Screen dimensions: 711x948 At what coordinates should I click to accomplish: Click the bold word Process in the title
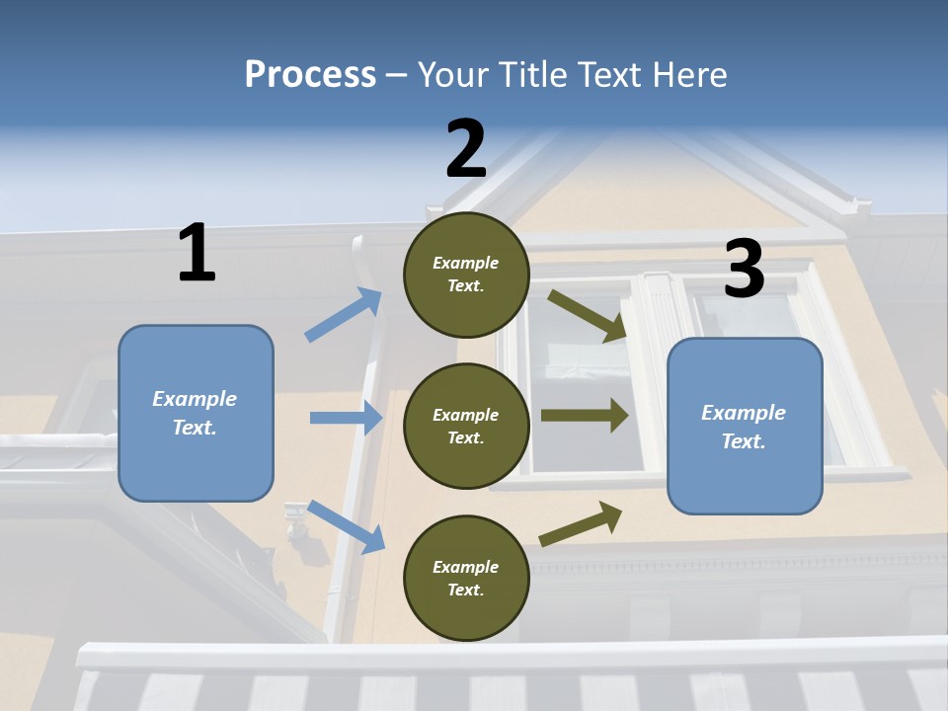[x=310, y=74]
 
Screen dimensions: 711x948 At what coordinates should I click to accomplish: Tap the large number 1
[x=197, y=253]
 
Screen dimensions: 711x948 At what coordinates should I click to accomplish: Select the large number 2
[x=466, y=148]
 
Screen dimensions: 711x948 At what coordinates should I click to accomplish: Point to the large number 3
[x=744, y=269]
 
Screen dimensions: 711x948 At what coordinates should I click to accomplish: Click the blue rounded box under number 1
[x=196, y=413]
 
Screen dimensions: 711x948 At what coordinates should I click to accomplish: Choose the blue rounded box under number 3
[x=745, y=426]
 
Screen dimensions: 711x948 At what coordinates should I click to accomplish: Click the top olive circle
[x=466, y=274]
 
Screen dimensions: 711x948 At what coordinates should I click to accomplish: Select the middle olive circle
[x=466, y=426]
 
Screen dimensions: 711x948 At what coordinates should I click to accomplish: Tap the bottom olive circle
[x=466, y=578]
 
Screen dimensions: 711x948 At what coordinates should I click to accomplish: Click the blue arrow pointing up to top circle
[x=344, y=315]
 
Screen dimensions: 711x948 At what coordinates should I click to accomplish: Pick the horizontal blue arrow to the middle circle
[x=346, y=418]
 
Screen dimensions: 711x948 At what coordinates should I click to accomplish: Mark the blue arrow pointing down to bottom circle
[x=346, y=526]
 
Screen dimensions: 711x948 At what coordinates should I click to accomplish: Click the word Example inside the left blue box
[x=195, y=399]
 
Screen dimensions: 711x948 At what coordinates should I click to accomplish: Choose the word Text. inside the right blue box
[x=744, y=441]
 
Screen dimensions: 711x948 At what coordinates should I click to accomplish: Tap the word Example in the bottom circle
[x=466, y=567]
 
